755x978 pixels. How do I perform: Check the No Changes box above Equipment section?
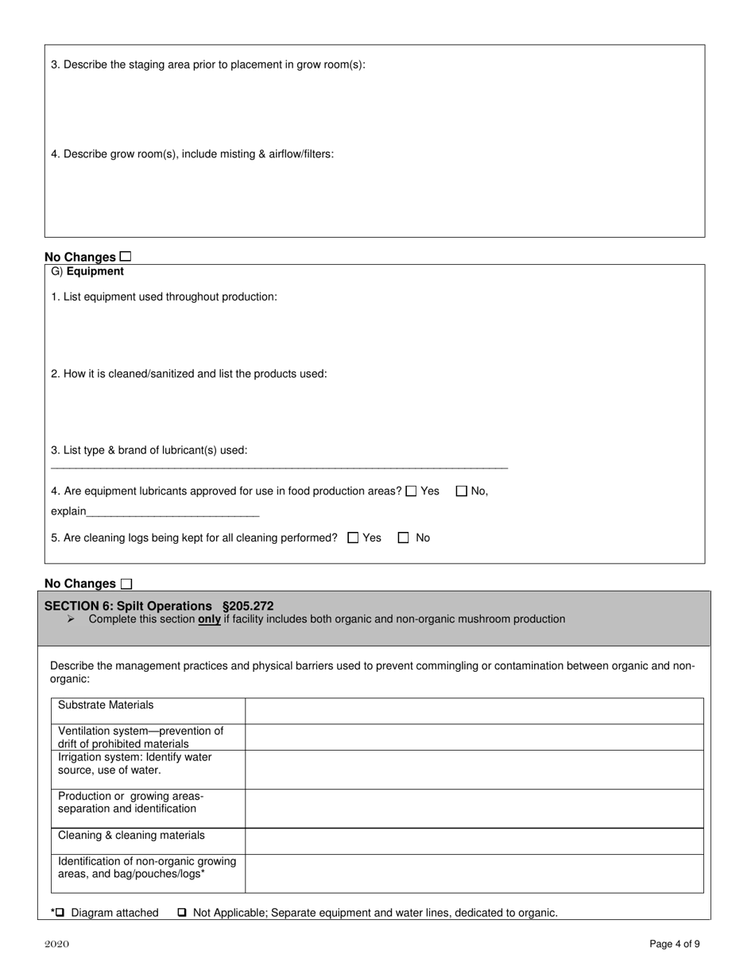pyautogui.click(x=126, y=256)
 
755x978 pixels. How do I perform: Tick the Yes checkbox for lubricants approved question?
pyautogui.click(x=411, y=491)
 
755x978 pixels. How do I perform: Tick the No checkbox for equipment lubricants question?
pyautogui.click(x=462, y=491)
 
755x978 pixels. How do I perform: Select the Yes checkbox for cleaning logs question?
pyautogui.click(x=354, y=538)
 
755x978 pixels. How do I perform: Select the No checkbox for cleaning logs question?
pyautogui.click(x=403, y=538)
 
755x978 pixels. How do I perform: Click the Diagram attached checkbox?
pyautogui.click(x=60, y=913)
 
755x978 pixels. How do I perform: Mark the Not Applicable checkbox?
pyautogui.click(x=182, y=913)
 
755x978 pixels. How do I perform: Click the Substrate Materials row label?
pyautogui.click(x=106, y=705)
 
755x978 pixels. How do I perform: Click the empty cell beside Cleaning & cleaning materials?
pyautogui.click(x=474, y=841)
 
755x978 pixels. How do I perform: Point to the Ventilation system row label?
pyautogui.click(x=141, y=737)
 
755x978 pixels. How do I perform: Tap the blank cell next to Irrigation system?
pyautogui.click(x=474, y=770)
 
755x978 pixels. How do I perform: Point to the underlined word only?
pyautogui.click(x=209, y=619)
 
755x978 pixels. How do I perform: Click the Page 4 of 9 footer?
pyautogui.click(x=674, y=945)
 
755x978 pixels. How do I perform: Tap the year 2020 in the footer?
pyautogui.click(x=56, y=945)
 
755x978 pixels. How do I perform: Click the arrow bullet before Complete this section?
pyautogui.click(x=72, y=619)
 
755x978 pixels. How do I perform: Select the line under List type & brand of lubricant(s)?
pyautogui.click(x=279, y=467)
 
